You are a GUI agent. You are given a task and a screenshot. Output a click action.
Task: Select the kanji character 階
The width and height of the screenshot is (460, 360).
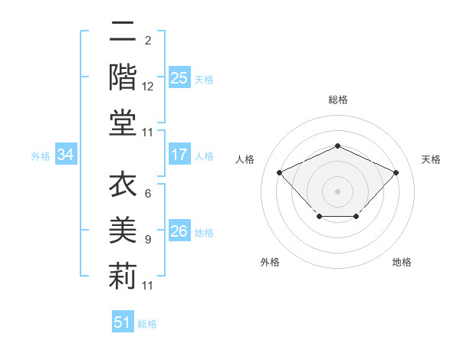click(122, 78)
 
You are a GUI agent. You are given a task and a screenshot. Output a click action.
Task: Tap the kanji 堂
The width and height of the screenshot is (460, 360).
click(122, 123)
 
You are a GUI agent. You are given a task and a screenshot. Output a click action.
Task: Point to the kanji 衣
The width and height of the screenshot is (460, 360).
click(122, 185)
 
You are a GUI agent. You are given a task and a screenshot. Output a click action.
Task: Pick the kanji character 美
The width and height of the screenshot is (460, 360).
click(122, 231)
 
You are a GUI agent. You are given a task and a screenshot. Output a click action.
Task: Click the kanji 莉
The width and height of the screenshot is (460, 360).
click(122, 276)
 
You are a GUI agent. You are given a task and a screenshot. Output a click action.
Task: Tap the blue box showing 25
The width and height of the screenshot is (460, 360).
click(179, 77)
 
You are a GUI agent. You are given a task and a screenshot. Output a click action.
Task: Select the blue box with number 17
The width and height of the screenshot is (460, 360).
click(179, 155)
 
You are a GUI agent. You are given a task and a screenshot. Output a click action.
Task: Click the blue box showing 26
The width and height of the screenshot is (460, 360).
click(179, 231)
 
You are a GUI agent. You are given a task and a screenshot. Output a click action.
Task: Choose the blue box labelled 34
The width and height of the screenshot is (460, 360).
click(66, 155)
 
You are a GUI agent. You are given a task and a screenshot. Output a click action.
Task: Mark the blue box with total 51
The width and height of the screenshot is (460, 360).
click(123, 322)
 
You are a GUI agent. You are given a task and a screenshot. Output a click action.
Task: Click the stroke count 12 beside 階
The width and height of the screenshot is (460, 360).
click(148, 87)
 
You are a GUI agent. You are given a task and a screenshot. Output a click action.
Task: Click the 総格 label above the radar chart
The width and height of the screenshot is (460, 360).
click(337, 100)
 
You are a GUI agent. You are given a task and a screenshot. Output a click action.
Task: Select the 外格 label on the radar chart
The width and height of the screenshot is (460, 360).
click(270, 262)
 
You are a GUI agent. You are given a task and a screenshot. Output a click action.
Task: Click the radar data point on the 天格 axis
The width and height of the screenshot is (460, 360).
click(396, 172)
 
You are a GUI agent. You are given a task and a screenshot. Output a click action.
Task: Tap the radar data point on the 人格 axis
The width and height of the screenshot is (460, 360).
click(280, 172)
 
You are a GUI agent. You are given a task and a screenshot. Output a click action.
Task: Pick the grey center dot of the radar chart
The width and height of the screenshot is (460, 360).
click(337, 191)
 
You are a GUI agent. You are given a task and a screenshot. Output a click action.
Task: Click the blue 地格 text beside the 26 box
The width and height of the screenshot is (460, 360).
click(204, 232)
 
